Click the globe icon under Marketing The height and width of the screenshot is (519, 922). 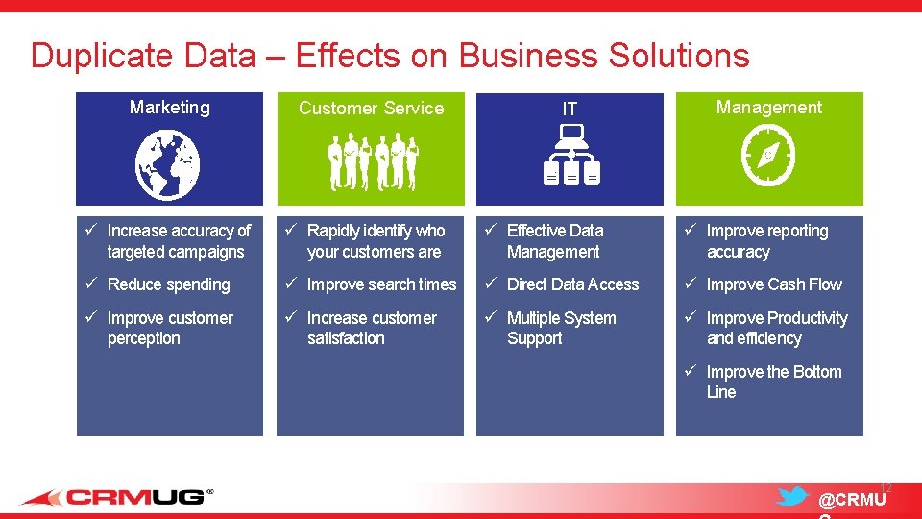[168, 164]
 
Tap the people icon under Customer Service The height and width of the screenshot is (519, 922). [373, 163]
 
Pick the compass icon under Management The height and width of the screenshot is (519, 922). [768, 158]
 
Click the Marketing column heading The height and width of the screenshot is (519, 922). [169, 108]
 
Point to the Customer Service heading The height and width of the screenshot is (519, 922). [371, 109]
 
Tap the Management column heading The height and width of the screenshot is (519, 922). [768, 108]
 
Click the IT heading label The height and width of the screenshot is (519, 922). [570, 110]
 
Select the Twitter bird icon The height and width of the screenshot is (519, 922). [791, 497]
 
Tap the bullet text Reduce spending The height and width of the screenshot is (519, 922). [168, 284]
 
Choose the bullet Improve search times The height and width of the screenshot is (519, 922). [381, 284]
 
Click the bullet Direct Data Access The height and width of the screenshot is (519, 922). [572, 284]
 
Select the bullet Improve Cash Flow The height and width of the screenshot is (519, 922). [774, 284]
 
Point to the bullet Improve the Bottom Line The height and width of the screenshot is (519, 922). [773, 382]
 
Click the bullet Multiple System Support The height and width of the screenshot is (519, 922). [561, 328]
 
